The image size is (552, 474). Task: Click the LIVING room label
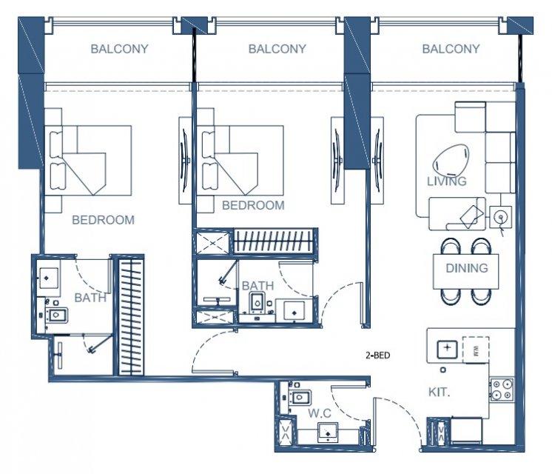point(447,181)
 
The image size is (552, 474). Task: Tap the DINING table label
point(467,268)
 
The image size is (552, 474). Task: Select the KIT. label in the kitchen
point(439,392)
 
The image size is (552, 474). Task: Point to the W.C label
point(320,413)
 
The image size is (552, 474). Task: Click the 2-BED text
point(377,355)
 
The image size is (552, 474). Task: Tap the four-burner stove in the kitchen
point(502,390)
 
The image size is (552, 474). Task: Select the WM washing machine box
point(476,350)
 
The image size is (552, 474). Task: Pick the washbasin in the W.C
point(328,433)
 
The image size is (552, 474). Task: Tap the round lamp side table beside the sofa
point(501,216)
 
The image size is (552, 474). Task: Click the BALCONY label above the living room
point(451,49)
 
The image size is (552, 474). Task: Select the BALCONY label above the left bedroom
point(119,49)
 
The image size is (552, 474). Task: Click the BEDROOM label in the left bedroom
point(103,220)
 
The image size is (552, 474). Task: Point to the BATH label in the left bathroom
point(90,298)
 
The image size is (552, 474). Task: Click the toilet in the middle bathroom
point(258,302)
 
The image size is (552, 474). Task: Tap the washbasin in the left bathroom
point(49,278)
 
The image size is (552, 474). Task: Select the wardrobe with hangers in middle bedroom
point(273,241)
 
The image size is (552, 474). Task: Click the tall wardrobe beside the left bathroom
point(131,316)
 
